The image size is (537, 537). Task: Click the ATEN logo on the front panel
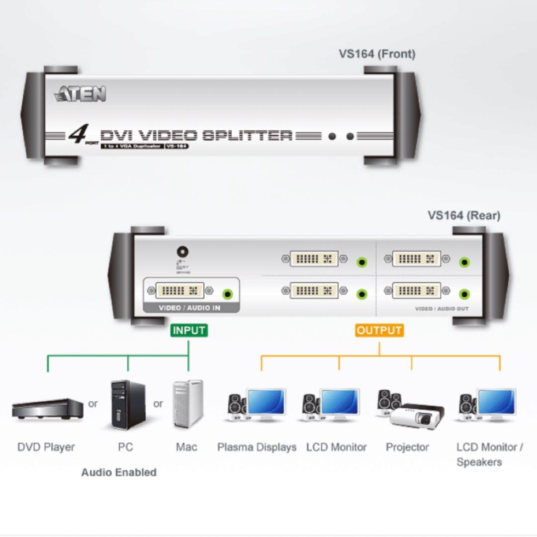pyautogui.click(x=81, y=93)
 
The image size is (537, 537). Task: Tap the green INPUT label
pyautogui.click(x=188, y=331)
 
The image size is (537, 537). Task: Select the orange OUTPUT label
pyautogui.click(x=379, y=331)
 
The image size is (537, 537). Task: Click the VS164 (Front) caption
pyautogui.click(x=377, y=54)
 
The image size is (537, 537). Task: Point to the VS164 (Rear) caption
pyautogui.click(x=463, y=215)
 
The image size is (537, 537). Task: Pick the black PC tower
pyautogui.click(x=128, y=405)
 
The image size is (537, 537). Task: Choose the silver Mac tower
pyautogui.click(x=188, y=404)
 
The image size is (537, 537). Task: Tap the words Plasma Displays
pyautogui.click(x=257, y=447)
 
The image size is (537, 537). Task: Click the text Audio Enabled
pyautogui.click(x=119, y=472)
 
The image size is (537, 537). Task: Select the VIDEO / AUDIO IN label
pyautogui.click(x=189, y=308)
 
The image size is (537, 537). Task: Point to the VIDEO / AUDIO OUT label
pyautogui.click(x=442, y=309)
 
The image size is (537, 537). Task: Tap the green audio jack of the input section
pyautogui.click(x=228, y=294)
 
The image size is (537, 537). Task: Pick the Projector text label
pyautogui.click(x=407, y=447)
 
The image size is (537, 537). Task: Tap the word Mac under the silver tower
pyautogui.click(x=186, y=447)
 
